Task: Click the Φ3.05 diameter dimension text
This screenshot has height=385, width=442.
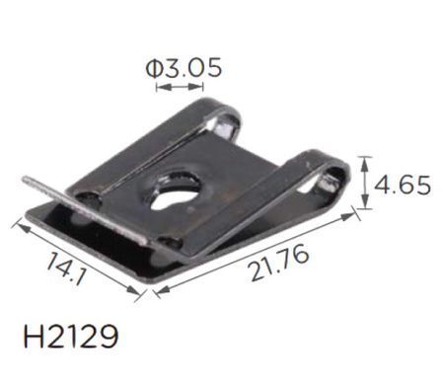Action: click(184, 68)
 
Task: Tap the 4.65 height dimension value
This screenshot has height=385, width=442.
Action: click(403, 185)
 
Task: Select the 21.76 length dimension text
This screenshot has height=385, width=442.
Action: click(280, 264)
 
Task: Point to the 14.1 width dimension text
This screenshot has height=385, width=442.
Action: click(66, 268)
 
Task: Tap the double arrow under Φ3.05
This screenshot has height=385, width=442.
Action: click(180, 87)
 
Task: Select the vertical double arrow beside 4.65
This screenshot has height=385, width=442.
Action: click(364, 183)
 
